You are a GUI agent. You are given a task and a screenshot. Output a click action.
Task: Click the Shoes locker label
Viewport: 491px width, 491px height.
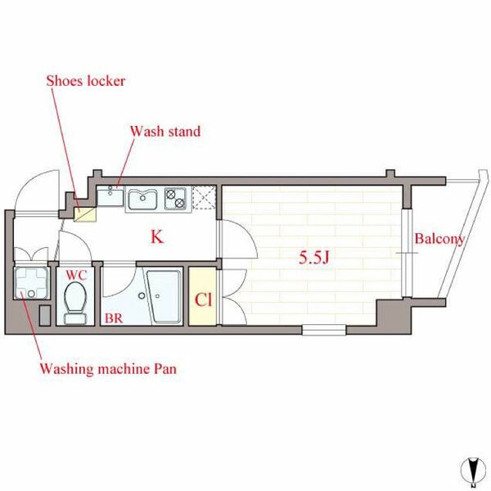coord(85,81)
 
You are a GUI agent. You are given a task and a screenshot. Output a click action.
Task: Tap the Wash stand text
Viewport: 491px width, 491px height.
coord(165,131)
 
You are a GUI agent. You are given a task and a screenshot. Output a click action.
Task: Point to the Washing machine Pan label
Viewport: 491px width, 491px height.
coord(108,368)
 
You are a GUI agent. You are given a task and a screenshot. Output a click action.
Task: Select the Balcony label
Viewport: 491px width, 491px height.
coord(439,239)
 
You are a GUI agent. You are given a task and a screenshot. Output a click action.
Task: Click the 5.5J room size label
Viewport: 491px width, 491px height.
coord(313,258)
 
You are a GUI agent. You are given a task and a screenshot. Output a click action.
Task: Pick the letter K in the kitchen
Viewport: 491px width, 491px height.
coord(157,236)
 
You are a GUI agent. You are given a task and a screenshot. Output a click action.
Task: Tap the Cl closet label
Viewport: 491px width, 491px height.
coord(203,300)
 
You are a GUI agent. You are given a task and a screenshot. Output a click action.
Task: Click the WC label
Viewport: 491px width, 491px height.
coord(76,275)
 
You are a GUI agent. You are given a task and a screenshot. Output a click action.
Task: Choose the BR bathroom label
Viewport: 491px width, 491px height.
coord(114,318)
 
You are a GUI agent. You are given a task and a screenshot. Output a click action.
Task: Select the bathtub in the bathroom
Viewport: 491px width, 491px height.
coord(164,297)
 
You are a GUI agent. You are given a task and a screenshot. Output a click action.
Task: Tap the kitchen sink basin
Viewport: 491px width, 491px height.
coord(142,200)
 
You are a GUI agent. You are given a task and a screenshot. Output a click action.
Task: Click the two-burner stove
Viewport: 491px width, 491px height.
coord(175,199)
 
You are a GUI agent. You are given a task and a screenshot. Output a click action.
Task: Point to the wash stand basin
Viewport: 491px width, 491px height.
coord(110,196)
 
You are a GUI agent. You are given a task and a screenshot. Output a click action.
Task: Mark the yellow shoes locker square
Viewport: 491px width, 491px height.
coord(85,214)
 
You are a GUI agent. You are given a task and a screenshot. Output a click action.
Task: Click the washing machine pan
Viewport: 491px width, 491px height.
coord(31,283)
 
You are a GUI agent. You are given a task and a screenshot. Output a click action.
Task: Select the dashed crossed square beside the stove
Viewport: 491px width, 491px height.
coord(204,197)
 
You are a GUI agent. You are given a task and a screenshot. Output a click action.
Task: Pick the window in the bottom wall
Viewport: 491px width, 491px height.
coord(324,330)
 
